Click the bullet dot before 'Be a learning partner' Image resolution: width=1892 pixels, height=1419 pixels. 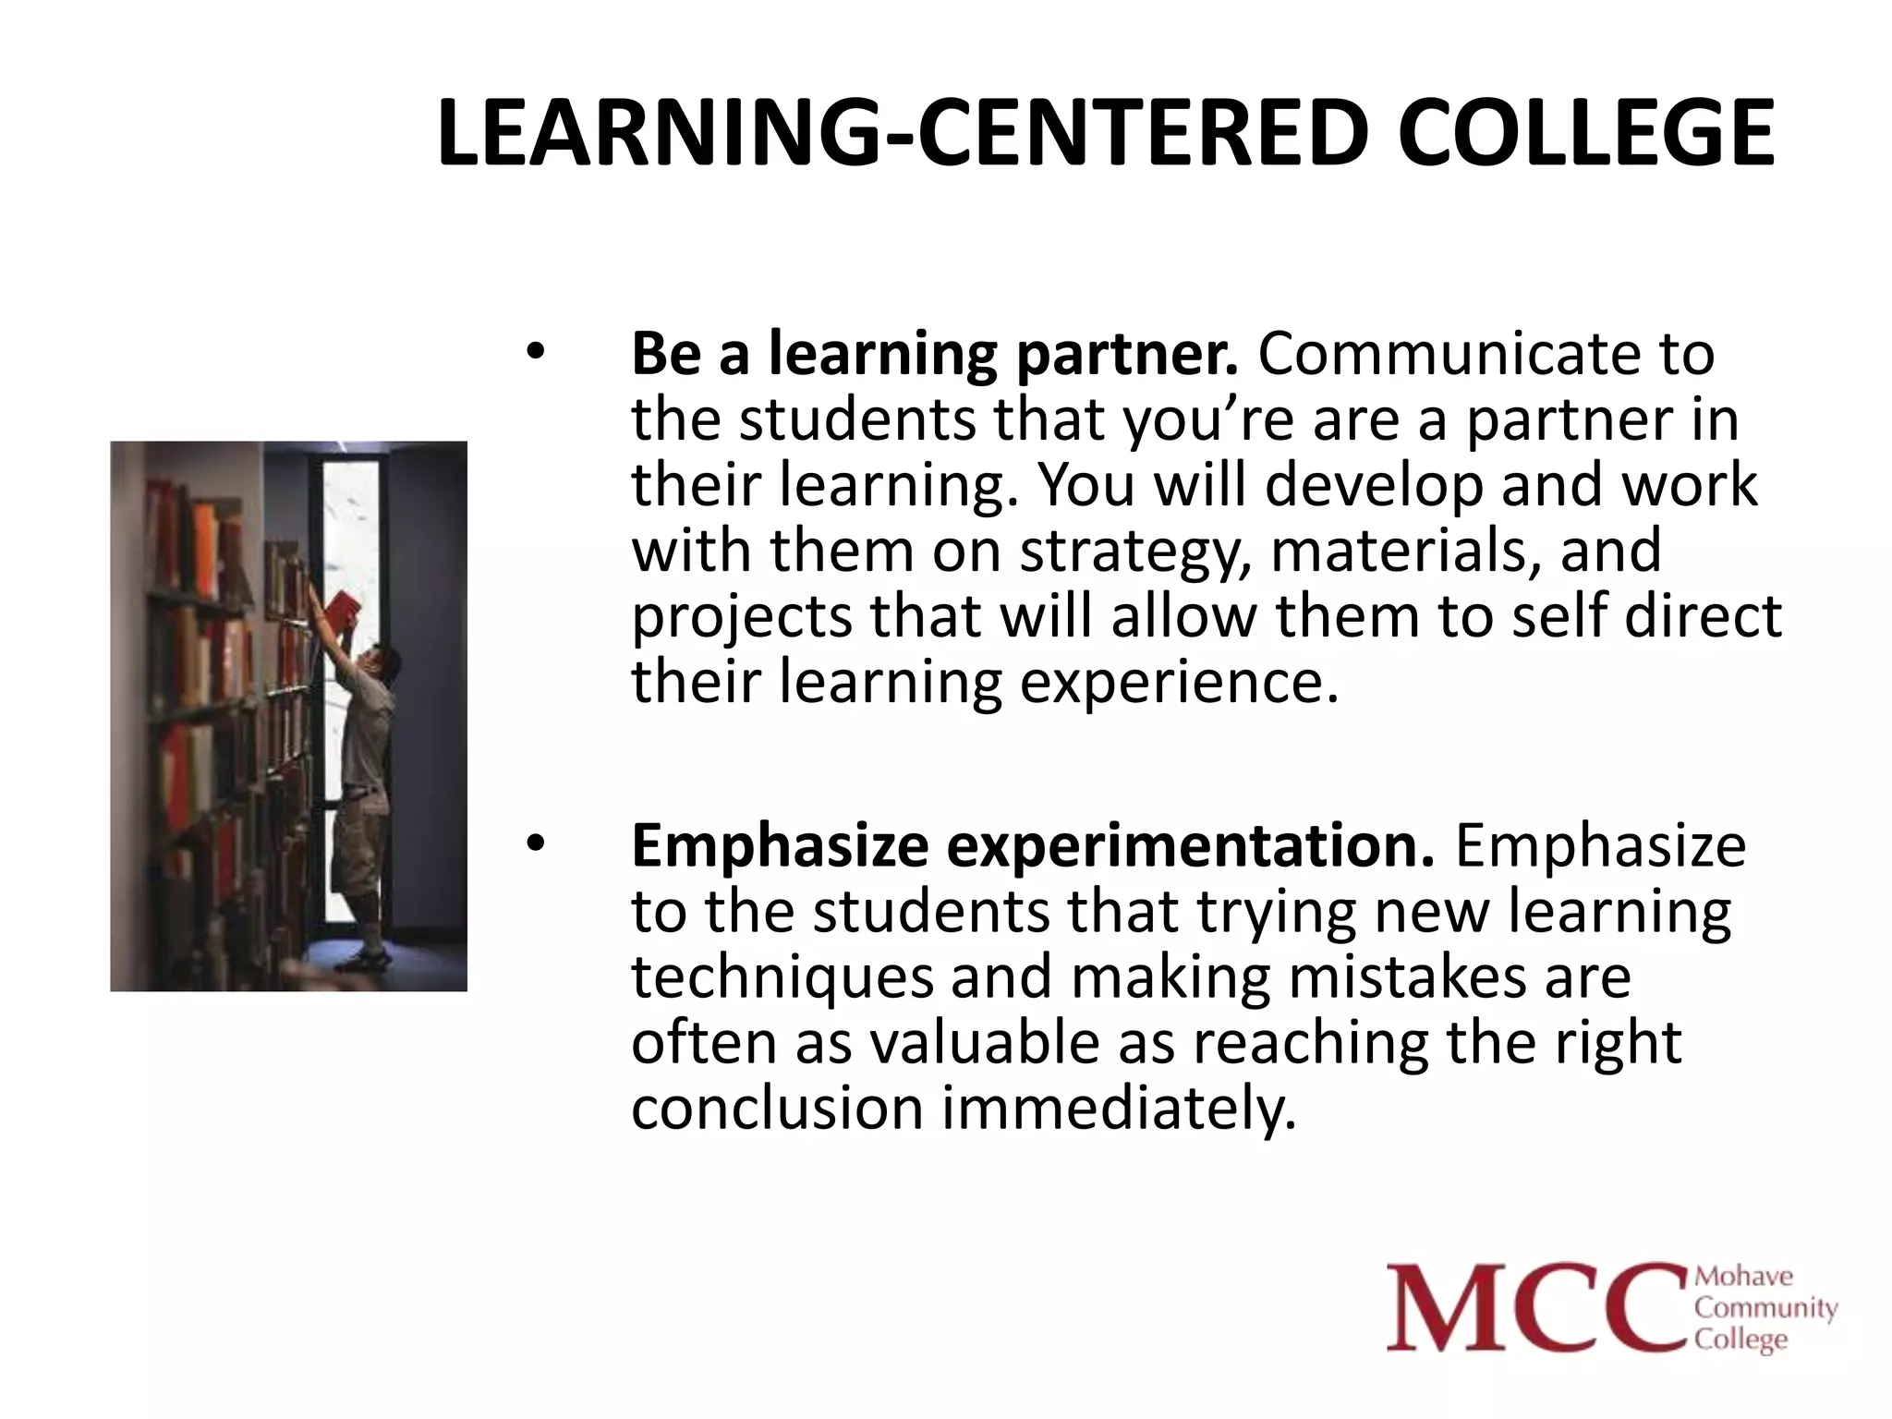pos(535,352)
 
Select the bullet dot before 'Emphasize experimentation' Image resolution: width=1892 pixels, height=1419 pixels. pos(535,844)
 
